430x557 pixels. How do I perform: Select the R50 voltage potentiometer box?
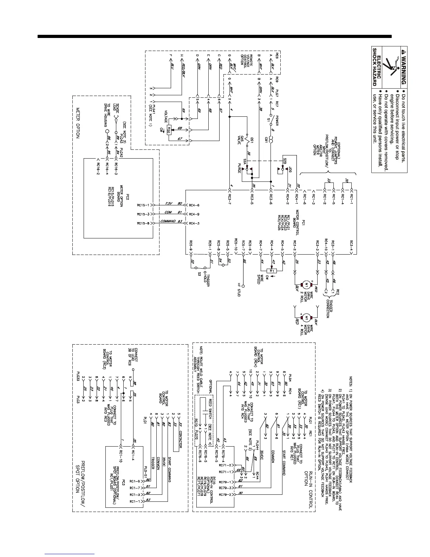pos(169,129)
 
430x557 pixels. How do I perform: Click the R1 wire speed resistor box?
pos(272,271)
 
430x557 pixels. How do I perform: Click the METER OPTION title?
pos(78,123)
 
